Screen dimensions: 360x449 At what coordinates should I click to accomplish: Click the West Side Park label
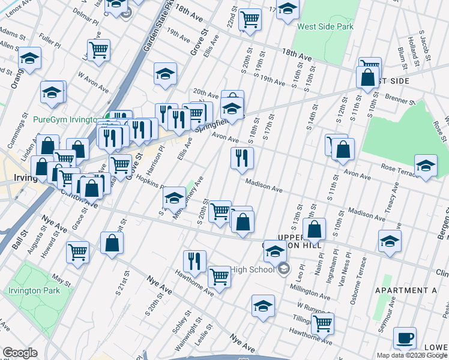point(325,27)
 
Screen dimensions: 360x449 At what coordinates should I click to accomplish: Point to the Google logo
point(20,353)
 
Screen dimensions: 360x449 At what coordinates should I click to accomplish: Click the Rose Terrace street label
point(394,168)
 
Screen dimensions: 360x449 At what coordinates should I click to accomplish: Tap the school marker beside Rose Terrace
point(425,166)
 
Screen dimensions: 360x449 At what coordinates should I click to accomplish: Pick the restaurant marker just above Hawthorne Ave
point(194,260)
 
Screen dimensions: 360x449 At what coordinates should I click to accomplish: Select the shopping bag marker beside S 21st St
point(112,243)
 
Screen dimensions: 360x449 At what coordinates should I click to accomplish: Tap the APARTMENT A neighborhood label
point(405,290)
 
